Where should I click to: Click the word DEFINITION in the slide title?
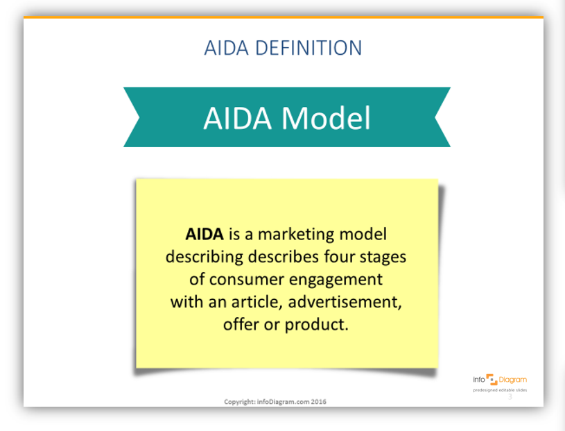[x=308, y=48]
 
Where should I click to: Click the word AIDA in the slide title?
[x=226, y=48]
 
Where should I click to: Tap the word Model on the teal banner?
[x=326, y=118]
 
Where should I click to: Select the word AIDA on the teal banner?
[x=238, y=118]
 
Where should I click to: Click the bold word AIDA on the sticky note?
[x=205, y=235]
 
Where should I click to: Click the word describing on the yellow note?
[x=204, y=257]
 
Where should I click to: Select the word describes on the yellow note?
[x=284, y=257]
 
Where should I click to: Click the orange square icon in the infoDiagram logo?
[x=492, y=380]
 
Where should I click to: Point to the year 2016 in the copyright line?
[x=318, y=402]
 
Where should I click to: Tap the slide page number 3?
[x=510, y=397]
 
